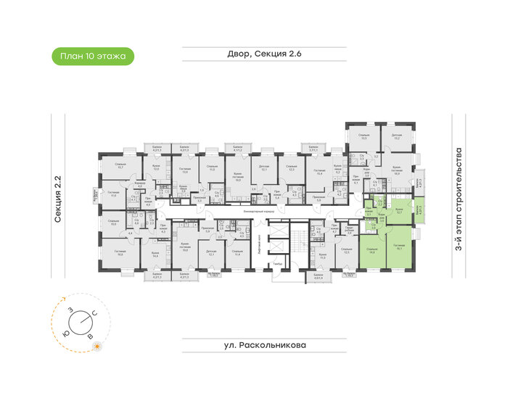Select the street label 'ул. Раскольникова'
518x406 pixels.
pyautogui.click(x=258, y=345)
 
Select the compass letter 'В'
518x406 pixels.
pyautogui.click(x=90, y=337)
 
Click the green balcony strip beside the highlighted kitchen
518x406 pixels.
pyautogui.click(x=419, y=211)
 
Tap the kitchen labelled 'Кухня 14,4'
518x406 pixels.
pyautogui.click(x=155, y=254)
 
